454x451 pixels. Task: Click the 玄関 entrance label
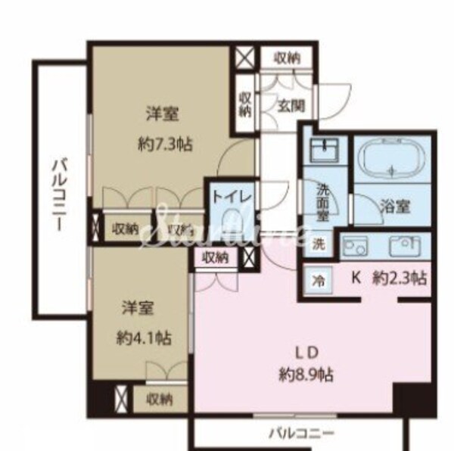pos(290,107)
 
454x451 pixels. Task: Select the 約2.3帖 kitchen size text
pos(400,278)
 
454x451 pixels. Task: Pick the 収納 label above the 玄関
pos(286,58)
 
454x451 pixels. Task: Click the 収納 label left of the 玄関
pos(245,104)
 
